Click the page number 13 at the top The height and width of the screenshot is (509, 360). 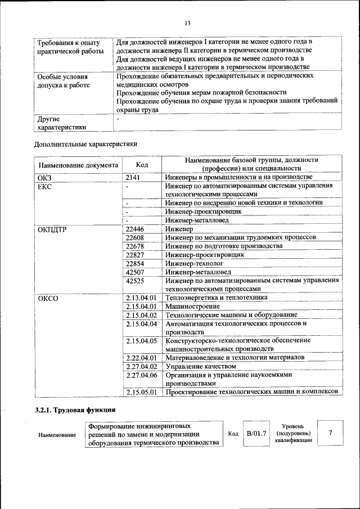[187, 23]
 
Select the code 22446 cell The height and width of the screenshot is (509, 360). [135, 230]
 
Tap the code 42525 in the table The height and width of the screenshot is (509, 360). [135, 281]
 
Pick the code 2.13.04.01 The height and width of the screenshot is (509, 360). [141, 298]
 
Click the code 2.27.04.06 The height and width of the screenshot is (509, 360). [141, 375]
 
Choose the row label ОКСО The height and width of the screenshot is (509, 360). [48, 298]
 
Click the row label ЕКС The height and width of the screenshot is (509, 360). [44, 187]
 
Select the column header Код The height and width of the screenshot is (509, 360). [142, 165]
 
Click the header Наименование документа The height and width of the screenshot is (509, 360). [78, 165]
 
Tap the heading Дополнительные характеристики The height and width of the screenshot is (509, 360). [85, 144]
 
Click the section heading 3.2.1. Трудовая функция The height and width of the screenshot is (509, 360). [75, 409]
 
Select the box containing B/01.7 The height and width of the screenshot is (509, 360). [256, 434]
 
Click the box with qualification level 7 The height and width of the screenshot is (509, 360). [330, 433]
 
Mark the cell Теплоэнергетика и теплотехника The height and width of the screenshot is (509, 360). [217, 298]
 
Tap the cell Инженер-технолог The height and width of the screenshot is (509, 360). [195, 263]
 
